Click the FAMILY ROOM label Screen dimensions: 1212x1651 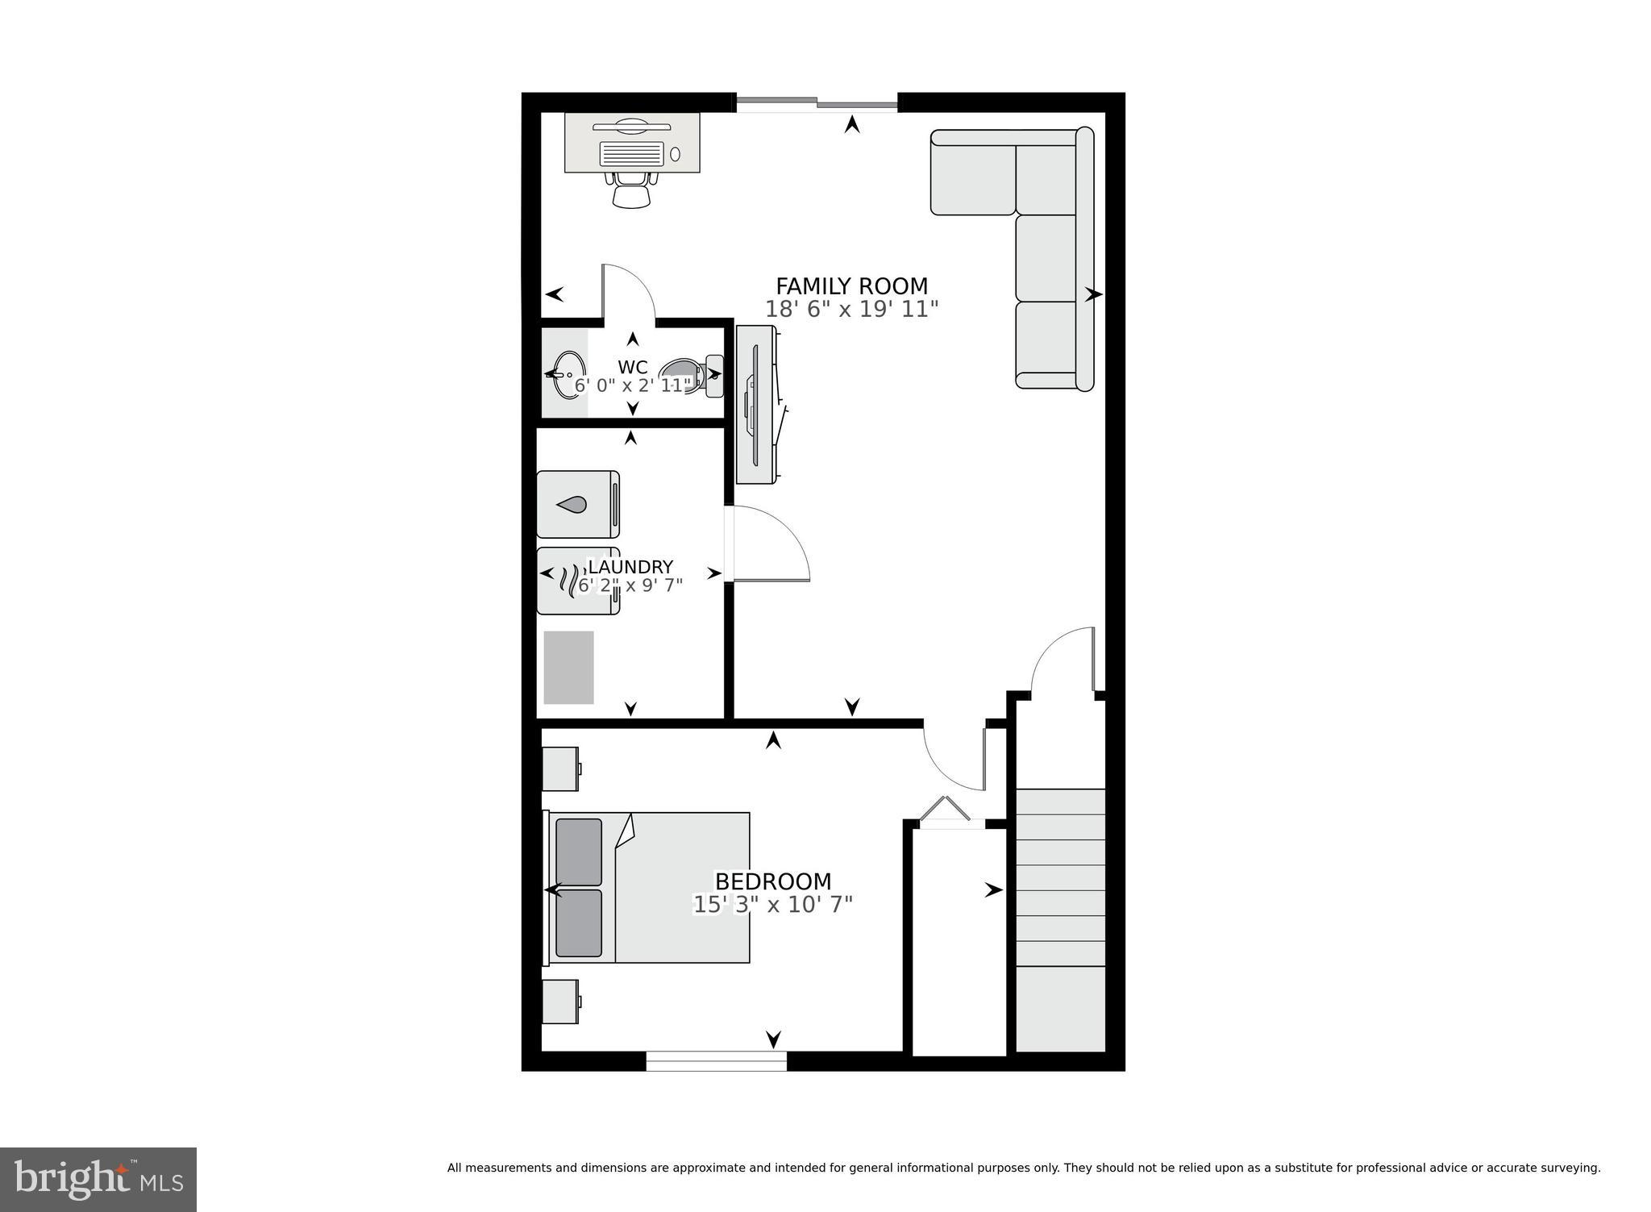pos(851,286)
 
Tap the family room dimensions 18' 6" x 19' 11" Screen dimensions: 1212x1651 pos(851,310)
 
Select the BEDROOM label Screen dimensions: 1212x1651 pos(772,881)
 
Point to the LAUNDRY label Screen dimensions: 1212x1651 pos(630,567)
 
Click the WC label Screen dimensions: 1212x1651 pos(632,368)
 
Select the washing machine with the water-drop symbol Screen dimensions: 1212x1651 pos(577,505)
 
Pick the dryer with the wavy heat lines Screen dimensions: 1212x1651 pos(577,581)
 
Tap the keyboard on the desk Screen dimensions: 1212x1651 pos(632,153)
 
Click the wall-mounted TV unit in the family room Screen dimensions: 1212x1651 pos(757,405)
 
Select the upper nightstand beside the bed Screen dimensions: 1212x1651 pos(560,768)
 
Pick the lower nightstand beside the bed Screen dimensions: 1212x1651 pos(560,1002)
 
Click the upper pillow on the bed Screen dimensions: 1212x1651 pos(578,852)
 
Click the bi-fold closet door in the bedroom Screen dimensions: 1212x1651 pos(946,811)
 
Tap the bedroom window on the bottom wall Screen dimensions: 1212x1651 pos(716,1061)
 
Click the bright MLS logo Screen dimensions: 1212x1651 pos(98,1179)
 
